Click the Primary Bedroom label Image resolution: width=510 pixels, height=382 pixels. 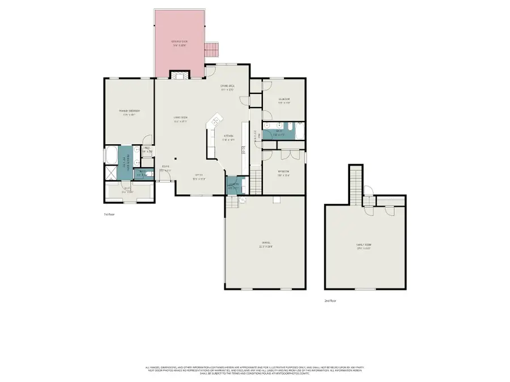(x=129, y=112)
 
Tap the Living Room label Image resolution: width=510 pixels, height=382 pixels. (x=180, y=119)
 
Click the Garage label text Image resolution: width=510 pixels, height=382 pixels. (x=265, y=245)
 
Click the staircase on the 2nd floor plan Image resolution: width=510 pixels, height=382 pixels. (x=355, y=184)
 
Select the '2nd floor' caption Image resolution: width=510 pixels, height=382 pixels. (x=330, y=301)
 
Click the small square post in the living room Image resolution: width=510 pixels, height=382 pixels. (x=176, y=159)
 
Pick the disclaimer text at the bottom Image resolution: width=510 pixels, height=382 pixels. (x=254, y=371)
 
